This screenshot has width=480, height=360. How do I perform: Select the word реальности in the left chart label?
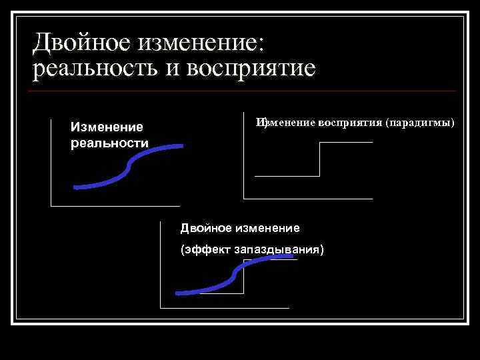pos(109,143)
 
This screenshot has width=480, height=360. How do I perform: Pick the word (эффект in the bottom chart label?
pos(204,250)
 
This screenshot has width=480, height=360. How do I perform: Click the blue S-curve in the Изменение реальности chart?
pos(127,171)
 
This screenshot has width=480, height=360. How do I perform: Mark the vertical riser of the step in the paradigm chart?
pos(320,159)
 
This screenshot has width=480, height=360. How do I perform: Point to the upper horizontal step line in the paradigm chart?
pos(346,143)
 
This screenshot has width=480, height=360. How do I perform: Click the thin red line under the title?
pos(244,91)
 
